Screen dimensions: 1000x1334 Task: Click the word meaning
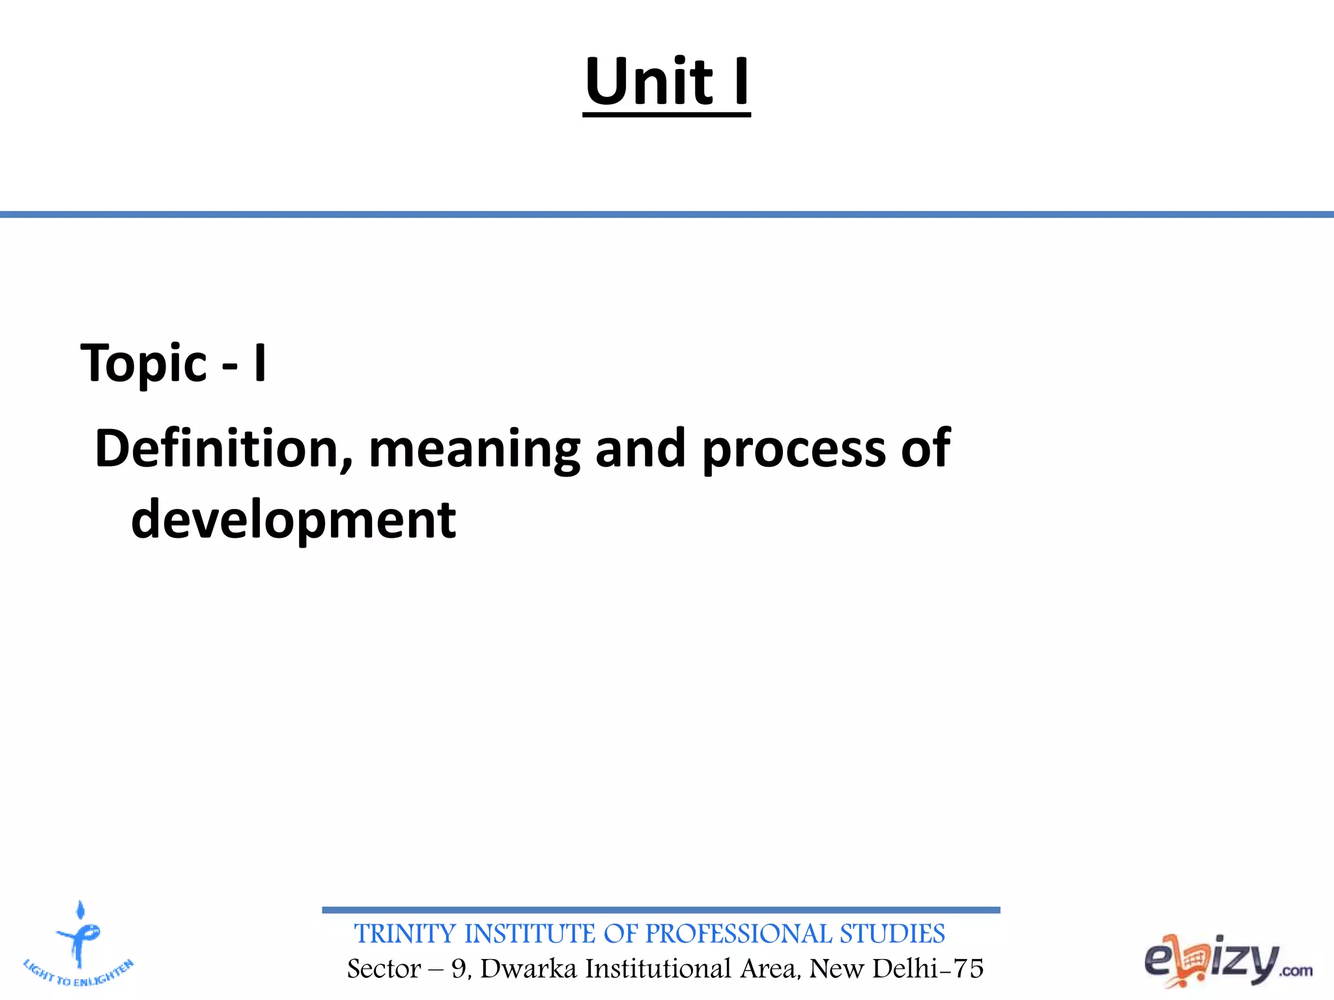pyautogui.click(x=474, y=449)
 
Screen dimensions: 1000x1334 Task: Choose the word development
pyautogui.click(x=293, y=520)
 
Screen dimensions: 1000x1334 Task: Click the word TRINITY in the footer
pyautogui.click(x=405, y=934)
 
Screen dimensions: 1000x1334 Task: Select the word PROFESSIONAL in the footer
pyautogui.click(x=739, y=934)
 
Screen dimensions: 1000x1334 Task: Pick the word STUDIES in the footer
pyautogui.click(x=892, y=934)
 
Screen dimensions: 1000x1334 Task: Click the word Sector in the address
pyautogui.click(x=384, y=969)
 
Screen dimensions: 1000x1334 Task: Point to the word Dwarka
pyautogui.click(x=529, y=969)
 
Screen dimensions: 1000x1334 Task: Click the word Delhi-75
pyautogui.click(x=928, y=969)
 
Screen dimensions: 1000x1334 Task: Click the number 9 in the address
pyautogui.click(x=459, y=969)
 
